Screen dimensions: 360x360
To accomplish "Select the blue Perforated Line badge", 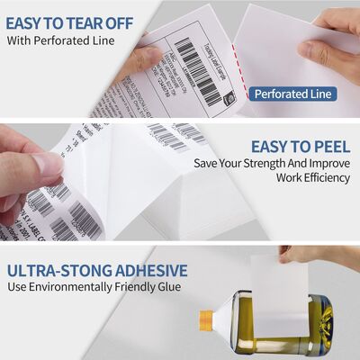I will [292, 93].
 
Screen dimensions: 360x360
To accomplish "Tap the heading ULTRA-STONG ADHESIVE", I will [97, 270].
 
